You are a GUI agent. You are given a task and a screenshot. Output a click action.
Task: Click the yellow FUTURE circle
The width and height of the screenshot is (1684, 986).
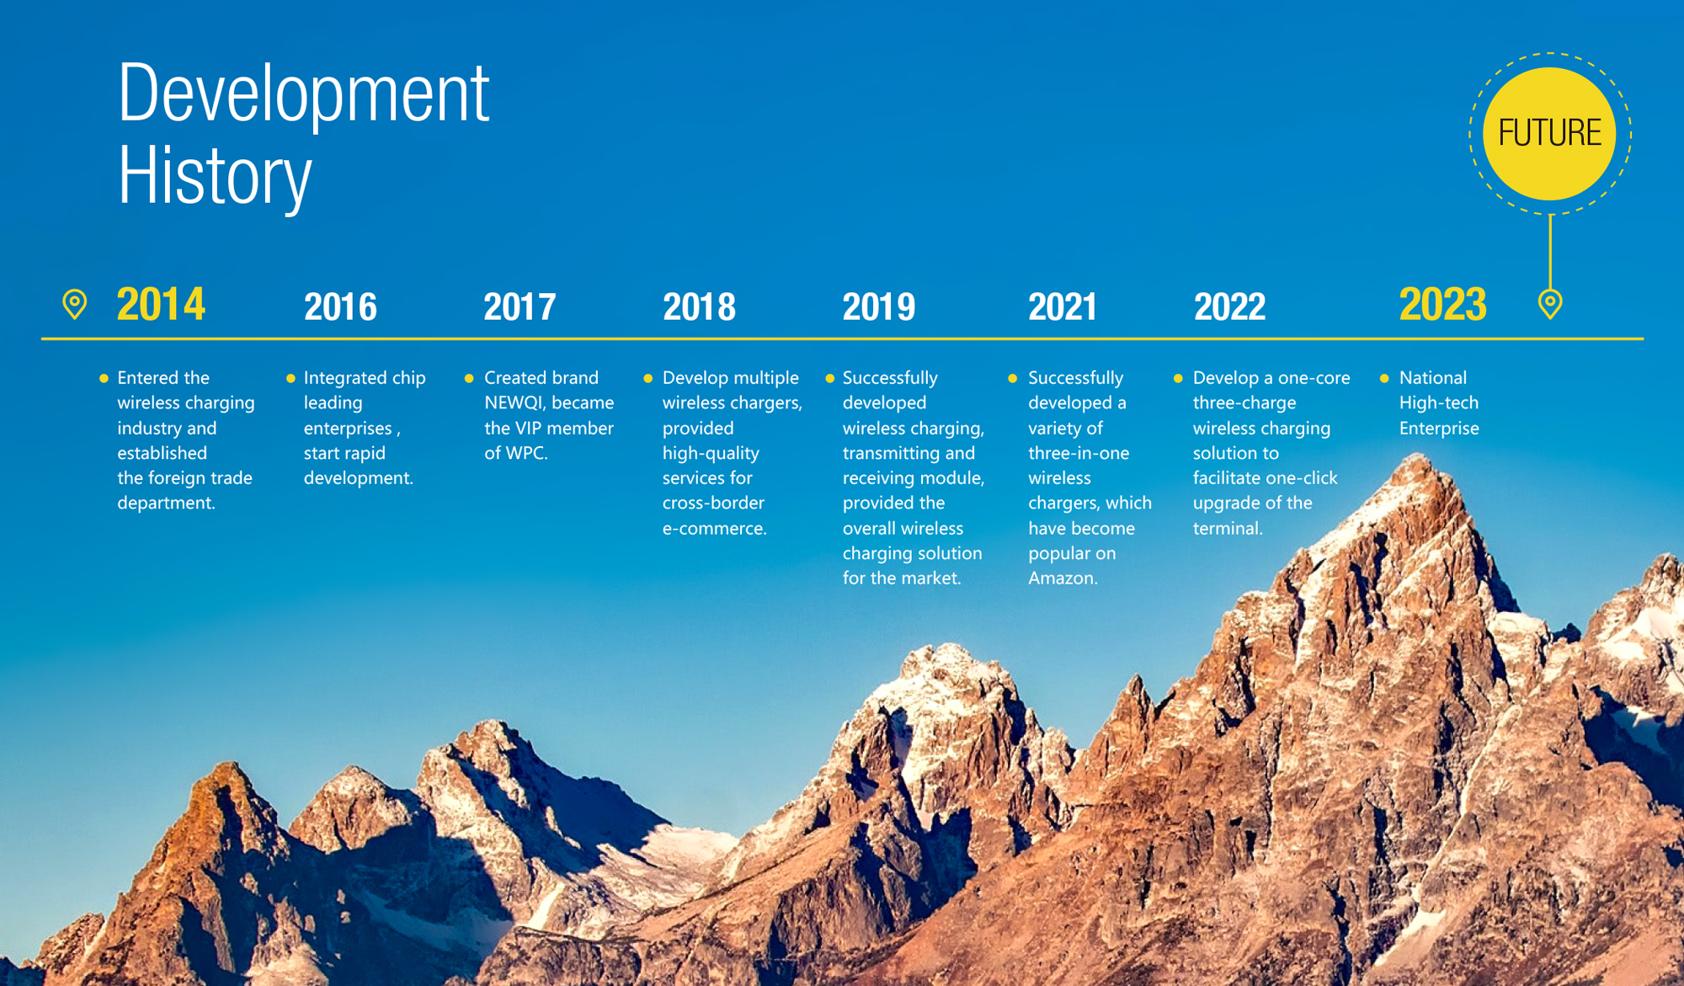pyautogui.click(x=1549, y=133)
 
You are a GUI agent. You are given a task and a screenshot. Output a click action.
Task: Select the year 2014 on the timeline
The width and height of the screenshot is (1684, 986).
pyautogui.click(x=161, y=304)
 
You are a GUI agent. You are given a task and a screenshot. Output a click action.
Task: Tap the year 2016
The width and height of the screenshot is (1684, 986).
pyautogui.click(x=340, y=306)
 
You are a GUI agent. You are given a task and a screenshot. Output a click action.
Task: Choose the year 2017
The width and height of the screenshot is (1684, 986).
pyautogui.click(x=520, y=306)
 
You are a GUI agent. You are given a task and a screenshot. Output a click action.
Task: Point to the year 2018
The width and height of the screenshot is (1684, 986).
pyautogui.click(x=699, y=306)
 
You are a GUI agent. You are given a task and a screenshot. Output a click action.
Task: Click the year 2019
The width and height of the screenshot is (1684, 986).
pyautogui.click(x=879, y=306)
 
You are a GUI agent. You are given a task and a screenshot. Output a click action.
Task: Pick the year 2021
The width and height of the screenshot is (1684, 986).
pyautogui.click(x=1063, y=306)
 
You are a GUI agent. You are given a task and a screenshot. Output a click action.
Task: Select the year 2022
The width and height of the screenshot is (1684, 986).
pyautogui.click(x=1229, y=306)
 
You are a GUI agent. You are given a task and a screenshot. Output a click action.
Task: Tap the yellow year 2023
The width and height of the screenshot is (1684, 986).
pyautogui.click(x=1442, y=304)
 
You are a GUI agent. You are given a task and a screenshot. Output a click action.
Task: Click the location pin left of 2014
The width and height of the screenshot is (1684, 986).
pyautogui.click(x=75, y=304)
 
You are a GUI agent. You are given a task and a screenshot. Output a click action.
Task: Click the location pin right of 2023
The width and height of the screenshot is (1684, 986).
pyautogui.click(x=1550, y=303)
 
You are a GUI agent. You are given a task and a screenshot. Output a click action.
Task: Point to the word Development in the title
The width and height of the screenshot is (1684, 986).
pyautogui.click(x=303, y=93)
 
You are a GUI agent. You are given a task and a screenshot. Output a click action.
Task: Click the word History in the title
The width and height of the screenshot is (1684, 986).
pyautogui.click(x=215, y=176)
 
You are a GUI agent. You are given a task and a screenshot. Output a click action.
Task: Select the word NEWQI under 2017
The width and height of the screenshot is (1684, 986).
pyautogui.click(x=515, y=403)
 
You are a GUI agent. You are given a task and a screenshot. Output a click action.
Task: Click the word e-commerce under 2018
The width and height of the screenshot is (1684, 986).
pyautogui.click(x=714, y=529)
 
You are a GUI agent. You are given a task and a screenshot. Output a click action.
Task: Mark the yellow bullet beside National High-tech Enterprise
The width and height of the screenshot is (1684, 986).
pyautogui.click(x=1384, y=378)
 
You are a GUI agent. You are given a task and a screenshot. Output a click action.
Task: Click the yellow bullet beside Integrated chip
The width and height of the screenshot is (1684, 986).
pyautogui.click(x=290, y=378)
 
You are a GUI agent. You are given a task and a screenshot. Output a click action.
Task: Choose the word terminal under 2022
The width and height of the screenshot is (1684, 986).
pyautogui.click(x=1228, y=529)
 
